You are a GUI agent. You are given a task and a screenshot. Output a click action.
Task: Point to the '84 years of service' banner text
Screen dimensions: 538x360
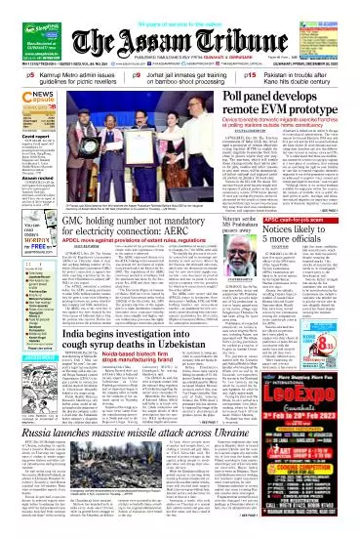[180, 8]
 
